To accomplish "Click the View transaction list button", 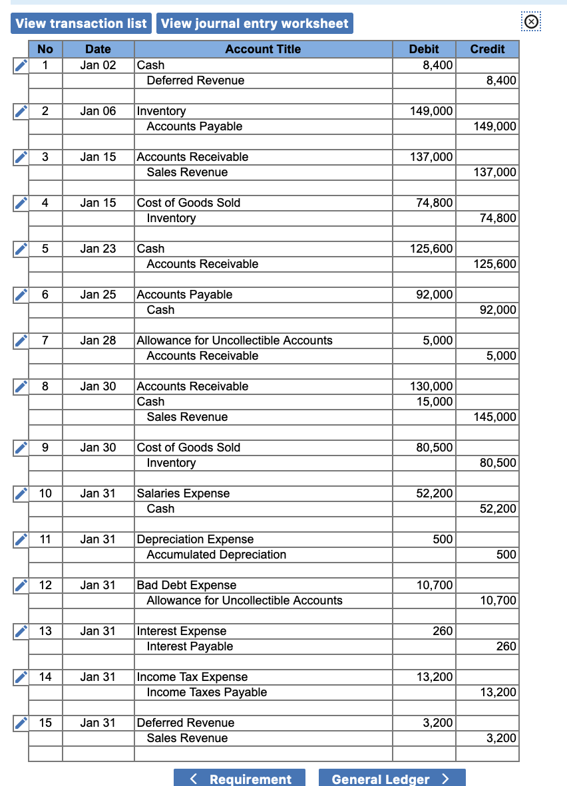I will point(81,23).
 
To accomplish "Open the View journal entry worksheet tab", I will point(255,23).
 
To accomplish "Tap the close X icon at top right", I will point(530,22).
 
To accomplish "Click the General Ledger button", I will point(391,779).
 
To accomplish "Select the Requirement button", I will point(240,779).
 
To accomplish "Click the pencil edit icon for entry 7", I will point(21,340).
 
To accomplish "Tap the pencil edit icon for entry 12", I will point(21,585).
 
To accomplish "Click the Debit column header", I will point(424,49).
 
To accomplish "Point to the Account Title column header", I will point(263,49).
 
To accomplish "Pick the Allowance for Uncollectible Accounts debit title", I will point(234,340).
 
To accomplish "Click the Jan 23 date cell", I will point(98,249).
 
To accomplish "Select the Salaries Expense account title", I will point(183,493).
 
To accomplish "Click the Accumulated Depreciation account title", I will point(216,555).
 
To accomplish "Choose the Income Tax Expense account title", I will point(192,677).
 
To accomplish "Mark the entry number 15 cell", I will point(45,723).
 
